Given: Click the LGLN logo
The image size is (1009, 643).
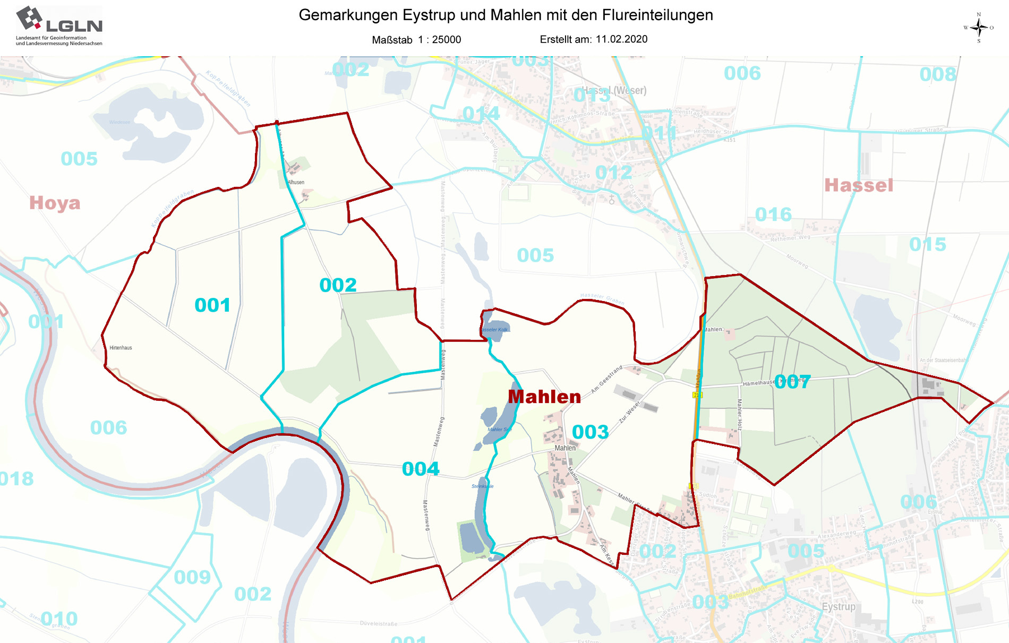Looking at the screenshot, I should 59,25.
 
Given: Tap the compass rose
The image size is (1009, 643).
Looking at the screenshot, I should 978,28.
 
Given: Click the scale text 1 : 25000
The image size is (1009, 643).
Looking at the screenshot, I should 439,40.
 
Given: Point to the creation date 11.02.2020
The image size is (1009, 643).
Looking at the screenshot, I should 621,39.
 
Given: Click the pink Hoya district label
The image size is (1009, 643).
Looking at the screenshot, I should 55,203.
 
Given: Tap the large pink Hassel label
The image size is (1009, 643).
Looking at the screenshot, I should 858,185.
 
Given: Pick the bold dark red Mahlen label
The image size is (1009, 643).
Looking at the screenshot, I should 544,397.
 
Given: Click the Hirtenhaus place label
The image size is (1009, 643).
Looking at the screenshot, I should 121,348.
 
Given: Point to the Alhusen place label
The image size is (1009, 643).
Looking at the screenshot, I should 296,182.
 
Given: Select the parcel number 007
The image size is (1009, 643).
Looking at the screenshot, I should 792,382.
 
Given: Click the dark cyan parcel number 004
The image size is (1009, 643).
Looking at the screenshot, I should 421,469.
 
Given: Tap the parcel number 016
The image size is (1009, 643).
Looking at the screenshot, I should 773,215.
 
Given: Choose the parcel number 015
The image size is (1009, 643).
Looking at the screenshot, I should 927,244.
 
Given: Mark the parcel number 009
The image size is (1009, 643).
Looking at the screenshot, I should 192,577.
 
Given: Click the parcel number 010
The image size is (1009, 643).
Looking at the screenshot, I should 59,619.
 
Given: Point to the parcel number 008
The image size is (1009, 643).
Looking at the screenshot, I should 938,75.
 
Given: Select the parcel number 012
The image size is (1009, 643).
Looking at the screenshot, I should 613,173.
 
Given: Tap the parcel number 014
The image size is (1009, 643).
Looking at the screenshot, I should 481,114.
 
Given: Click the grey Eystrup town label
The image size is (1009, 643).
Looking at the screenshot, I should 839,606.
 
